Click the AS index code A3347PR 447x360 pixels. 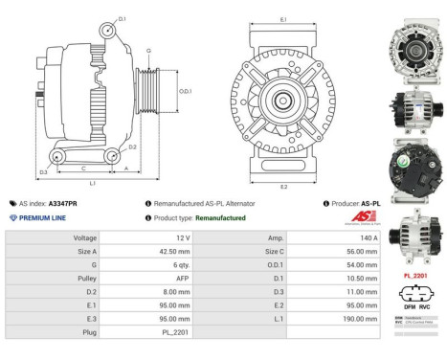point(62,204)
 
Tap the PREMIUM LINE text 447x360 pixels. point(45,218)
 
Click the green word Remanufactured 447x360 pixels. point(220,218)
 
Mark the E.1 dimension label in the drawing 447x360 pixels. point(283,18)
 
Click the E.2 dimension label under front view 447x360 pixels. point(283,187)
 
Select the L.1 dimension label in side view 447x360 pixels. point(91,182)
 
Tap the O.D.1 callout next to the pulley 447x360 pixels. point(185,91)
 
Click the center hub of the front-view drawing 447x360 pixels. point(283,100)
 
